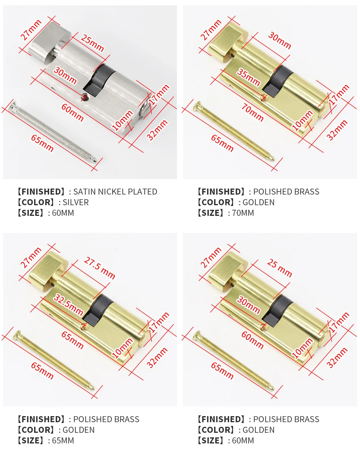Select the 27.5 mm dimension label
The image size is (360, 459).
pyautogui.click(x=99, y=268)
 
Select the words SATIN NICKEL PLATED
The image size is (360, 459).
pyautogui.click(x=115, y=192)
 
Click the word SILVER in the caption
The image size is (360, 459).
pyautogui.click(x=76, y=203)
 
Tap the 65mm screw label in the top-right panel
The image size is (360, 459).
pyautogui.click(x=222, y=143)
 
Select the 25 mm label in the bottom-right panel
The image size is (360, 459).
pyautogui.click(x=280, y=268)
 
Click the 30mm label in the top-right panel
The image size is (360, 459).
pyautogui.click(x=280, y=40)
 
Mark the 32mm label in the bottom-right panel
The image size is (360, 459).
pyautogui.click(x=337, y=357)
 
